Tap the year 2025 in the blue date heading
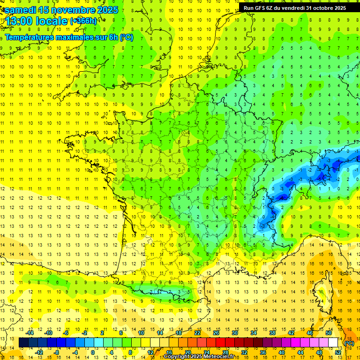tap(105, 10)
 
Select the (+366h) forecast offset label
tap(83, 21)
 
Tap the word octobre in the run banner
tap(320, 7)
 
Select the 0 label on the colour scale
tap(93, 352)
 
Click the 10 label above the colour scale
tap(141, 333)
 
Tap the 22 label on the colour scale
tap(197, 333)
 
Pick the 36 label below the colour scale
tap(262, 352)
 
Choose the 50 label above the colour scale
tap(329, 333)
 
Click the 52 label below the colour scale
tap(338, 352)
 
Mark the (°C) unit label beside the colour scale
tap(349, 343)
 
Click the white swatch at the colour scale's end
tap(333, 343)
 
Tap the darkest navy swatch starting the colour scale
tap(23, 343)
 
